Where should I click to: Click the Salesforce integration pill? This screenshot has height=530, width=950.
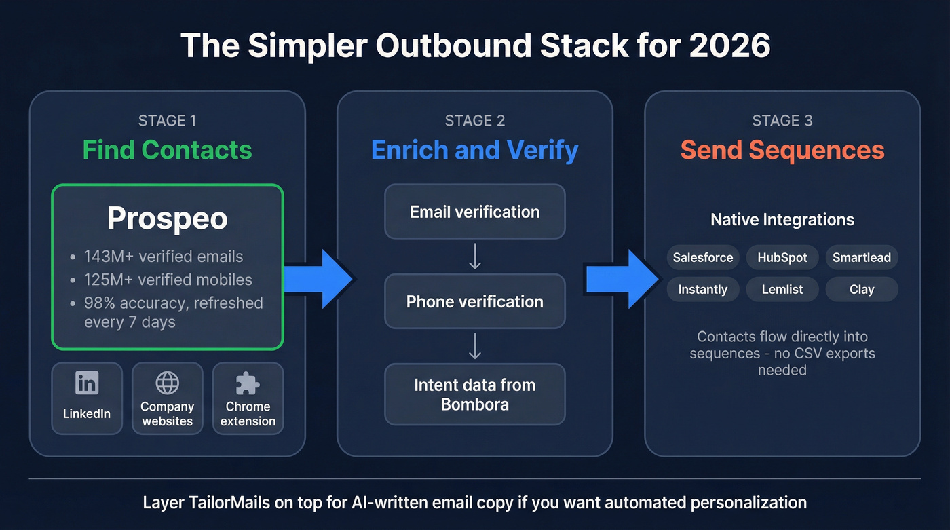[x=702, y=258]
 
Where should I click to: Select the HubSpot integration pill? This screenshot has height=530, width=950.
[x=782, y=258]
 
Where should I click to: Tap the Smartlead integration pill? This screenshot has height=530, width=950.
[x=862, y=258]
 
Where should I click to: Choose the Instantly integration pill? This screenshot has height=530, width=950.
[x=702, y=290]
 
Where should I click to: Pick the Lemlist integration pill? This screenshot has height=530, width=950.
[x=782, y=290]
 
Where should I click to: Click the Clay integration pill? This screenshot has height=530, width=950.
[x=862, y=290]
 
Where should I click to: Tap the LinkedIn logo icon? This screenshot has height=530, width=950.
[x=87, y=383]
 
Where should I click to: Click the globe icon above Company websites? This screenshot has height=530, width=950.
[x=167, y=383]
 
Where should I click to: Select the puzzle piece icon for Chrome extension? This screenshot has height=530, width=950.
[x=248, y=383]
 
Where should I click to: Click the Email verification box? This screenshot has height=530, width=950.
[x=474, y=212]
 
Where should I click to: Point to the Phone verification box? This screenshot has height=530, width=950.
[x=474, y=302]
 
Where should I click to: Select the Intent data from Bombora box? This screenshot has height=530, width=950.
[x=474, y=394]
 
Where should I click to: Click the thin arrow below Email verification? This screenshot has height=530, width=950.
[x=475, y=257]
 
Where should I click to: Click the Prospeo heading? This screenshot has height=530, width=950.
[x=167, y=219]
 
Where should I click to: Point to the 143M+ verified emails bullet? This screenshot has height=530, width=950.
[x=163, y=257]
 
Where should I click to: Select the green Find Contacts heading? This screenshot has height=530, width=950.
[x=167, y=150]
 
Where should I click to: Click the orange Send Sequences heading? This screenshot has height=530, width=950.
[x=782, y=150]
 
